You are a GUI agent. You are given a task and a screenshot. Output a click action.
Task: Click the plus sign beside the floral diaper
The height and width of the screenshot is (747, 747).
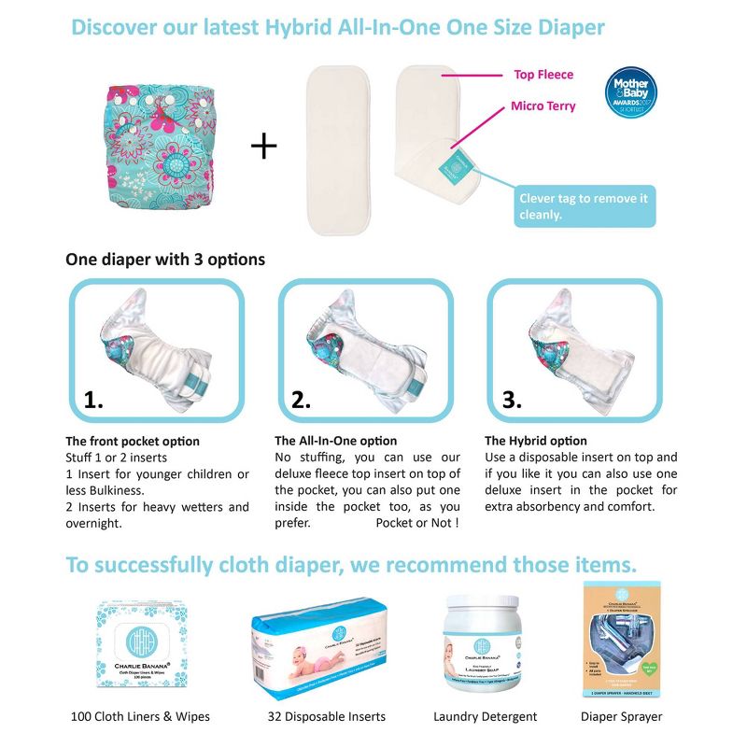point(264,146)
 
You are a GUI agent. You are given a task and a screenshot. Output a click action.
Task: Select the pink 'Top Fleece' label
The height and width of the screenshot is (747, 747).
point(543,74)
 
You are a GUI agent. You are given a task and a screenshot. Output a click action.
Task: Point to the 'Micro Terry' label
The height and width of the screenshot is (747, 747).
point(543,106)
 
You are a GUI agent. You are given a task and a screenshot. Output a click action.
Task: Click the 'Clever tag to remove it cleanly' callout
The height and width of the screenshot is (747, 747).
point(585,207)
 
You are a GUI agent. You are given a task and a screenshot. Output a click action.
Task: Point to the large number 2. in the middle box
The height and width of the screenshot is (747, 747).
point(301,400)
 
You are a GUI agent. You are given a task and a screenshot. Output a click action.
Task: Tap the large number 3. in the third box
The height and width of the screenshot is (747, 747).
point(512,400)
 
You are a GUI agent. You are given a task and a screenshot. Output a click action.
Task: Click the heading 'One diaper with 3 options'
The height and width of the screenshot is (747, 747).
point(165,259)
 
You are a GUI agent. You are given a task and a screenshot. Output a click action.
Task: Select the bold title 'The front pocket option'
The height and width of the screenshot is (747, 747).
point(133,441)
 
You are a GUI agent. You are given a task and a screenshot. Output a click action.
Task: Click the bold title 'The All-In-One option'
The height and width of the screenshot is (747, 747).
point(335,441)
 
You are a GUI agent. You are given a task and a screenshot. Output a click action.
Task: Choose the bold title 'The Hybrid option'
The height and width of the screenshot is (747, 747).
point(536,441)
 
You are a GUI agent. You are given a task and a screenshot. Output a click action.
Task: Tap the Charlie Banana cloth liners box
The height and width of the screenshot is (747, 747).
point(140,646)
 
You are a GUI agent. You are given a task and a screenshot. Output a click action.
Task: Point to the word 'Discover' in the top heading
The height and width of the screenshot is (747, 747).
point(120,26)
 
